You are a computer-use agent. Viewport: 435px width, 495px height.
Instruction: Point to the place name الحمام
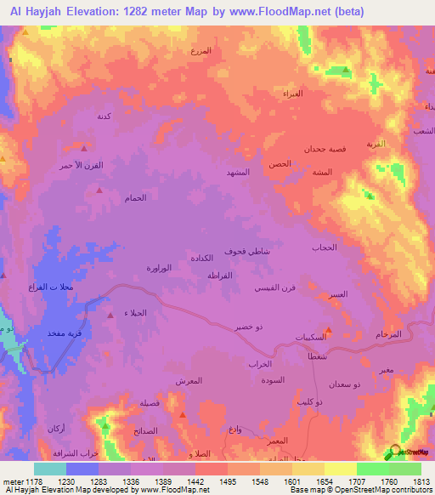pos(136,197)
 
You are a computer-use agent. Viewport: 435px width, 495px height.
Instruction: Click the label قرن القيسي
pos(275,288)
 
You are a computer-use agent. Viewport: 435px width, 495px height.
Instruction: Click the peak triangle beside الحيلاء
pos(110,315)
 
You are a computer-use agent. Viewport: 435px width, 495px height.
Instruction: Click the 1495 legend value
pos(229,481)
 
